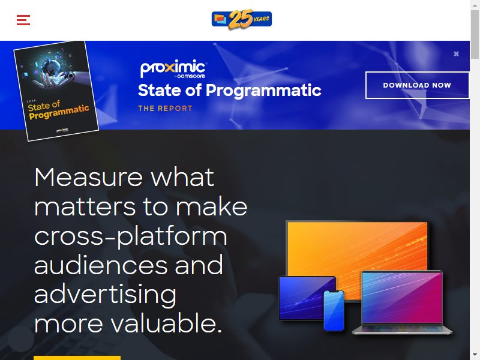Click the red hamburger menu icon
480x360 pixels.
click(23, 20)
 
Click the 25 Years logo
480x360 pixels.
click(242, 19)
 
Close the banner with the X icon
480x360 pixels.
click(456, 54)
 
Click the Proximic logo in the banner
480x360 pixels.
click(173, 69)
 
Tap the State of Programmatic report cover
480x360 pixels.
click(56, 91)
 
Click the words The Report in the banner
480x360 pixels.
click(166, 109)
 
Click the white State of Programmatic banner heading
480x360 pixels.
click(230, 91)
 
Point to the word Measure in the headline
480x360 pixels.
click(88, 177)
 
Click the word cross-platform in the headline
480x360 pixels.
click(131, 236)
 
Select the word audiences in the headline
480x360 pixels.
click(101, 265)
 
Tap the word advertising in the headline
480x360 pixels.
click(106, 295)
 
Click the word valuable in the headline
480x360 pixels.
click(166, 323)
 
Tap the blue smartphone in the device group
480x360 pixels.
click(334, 310)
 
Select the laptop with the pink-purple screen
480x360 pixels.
click(402, 302)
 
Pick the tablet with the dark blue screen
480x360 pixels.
click(307, 298)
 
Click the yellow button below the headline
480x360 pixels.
click(77, 358)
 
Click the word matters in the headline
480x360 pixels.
click(85, 206)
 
